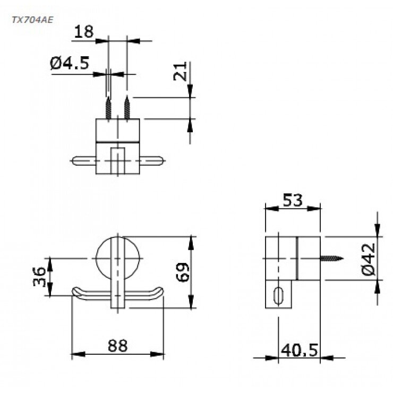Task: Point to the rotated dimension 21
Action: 181,71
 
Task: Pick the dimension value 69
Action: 182,271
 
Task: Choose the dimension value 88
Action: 117,346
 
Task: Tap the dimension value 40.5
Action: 300,350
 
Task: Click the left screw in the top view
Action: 108,108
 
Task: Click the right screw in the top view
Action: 127,108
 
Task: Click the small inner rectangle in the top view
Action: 117,159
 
